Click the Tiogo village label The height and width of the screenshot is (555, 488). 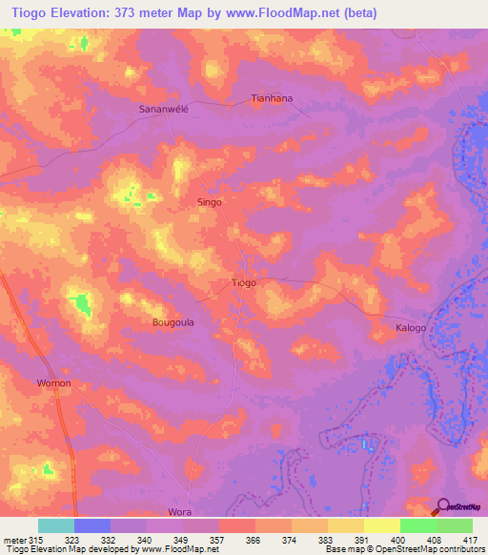tap(244, 283)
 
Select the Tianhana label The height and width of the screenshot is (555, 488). tap(271, 98)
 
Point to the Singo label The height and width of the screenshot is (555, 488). tap(209, 202)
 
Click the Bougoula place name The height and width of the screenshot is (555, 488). tap(173, 322)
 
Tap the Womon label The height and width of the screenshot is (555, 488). tap(53, 382)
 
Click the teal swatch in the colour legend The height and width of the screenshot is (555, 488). tap(56, 525)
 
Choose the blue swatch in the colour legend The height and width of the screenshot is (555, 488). tap(92, 525)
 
